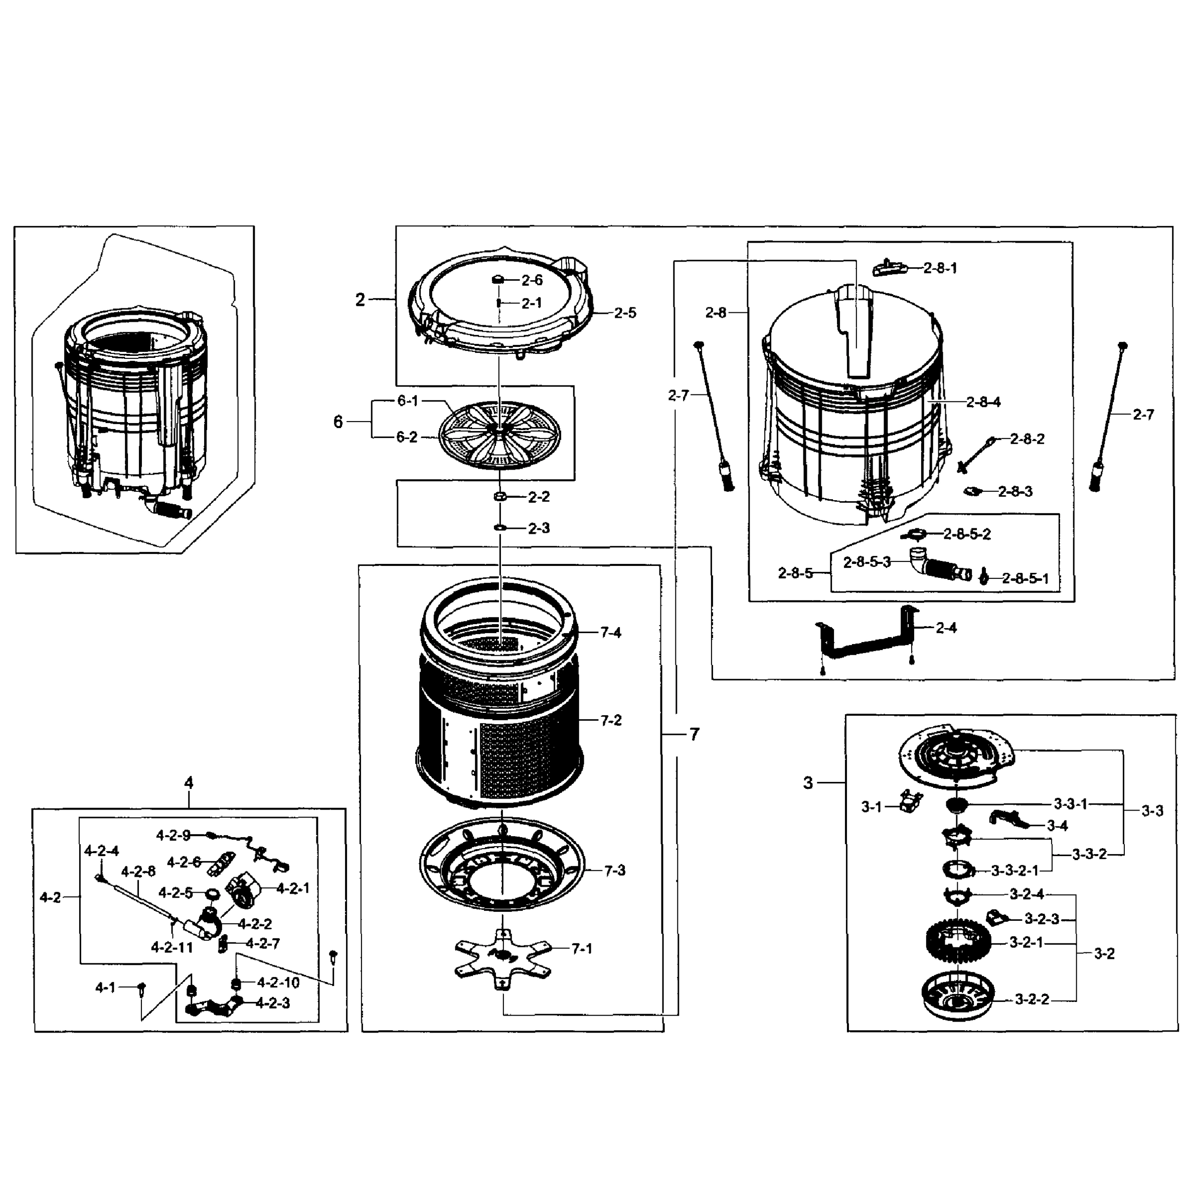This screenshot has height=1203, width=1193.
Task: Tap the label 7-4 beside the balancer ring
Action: [x=610, y=633]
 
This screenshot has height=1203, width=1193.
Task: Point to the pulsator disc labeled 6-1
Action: [x=498, y=432]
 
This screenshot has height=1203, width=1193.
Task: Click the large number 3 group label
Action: [x=808, y=782]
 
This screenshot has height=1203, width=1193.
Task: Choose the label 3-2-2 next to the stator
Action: [x=1032, y=999]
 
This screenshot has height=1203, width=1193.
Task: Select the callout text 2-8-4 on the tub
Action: [x=983, y=402]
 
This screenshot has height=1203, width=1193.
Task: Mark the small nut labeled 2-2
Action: [x=499, y=496]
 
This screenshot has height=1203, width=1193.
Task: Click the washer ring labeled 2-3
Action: [x=499, y=527]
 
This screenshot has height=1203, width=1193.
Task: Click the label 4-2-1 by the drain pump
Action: [x=292, y=889]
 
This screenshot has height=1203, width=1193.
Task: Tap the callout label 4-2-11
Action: [x=172, y=947]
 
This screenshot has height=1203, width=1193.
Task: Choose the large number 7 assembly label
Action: [x=694, y=735]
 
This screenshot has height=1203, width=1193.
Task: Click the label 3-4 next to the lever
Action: [x=1057, y=826]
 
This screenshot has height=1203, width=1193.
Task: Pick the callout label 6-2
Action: [x=407, y=437]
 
